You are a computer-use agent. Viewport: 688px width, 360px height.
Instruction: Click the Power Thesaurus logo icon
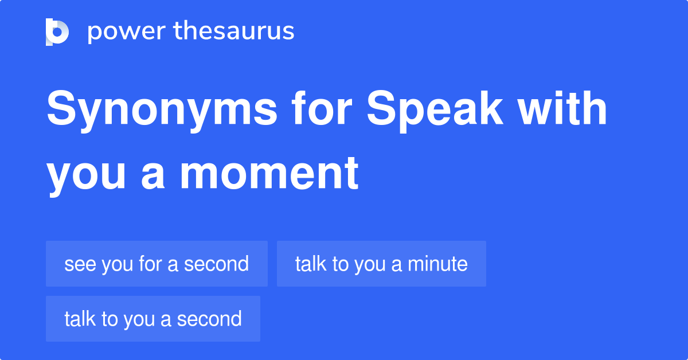[x=57, y=32]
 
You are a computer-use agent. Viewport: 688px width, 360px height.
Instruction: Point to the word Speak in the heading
[x=435, y=111]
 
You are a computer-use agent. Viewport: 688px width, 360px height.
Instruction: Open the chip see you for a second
[x=157, y=264]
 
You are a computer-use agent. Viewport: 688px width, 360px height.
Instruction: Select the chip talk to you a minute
[x=381, y=264]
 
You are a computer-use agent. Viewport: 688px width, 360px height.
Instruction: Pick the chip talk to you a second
[x=153, y=319]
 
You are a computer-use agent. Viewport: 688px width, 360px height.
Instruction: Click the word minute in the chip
[x=437, y=264]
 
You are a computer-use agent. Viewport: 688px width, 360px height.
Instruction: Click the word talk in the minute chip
[x=311, y=264]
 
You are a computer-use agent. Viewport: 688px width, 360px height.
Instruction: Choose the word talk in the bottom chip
[x=80, y=319]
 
